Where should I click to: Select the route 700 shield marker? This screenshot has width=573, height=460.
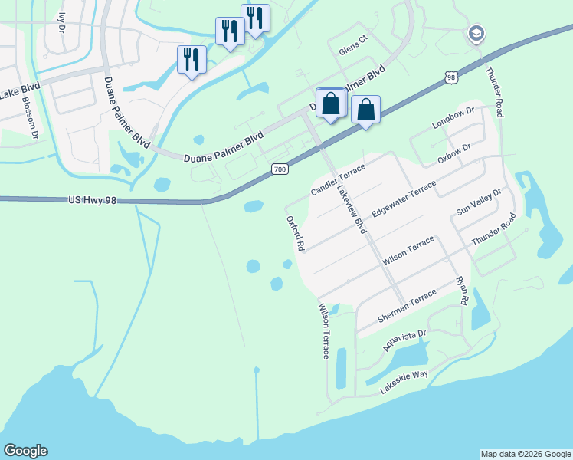[x=280, y=168]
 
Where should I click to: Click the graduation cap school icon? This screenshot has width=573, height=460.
[x=476, y=34]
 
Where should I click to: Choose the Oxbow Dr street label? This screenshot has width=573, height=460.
[x=453, y=153]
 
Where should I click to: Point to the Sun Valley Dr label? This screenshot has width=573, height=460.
[x=478, y=202]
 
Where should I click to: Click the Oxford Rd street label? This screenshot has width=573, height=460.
[x=296, y=233]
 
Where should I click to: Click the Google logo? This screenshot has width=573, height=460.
[x=25, y=451]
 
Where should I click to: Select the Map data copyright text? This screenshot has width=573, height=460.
[x=526, y=454]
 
